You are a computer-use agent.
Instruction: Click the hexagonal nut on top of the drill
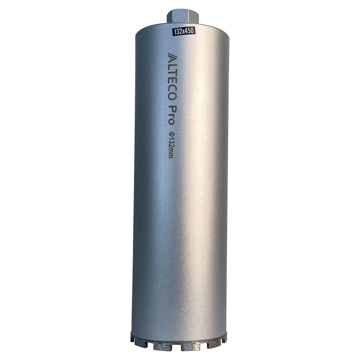click(x=183, y=17)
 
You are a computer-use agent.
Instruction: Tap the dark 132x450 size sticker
click(x=184, y=31)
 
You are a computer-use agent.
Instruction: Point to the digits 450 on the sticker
click(x=189, y=31)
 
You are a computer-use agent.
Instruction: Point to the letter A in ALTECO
click(x=172, y=57)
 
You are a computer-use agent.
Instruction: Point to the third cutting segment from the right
click(x=191, y=346)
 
